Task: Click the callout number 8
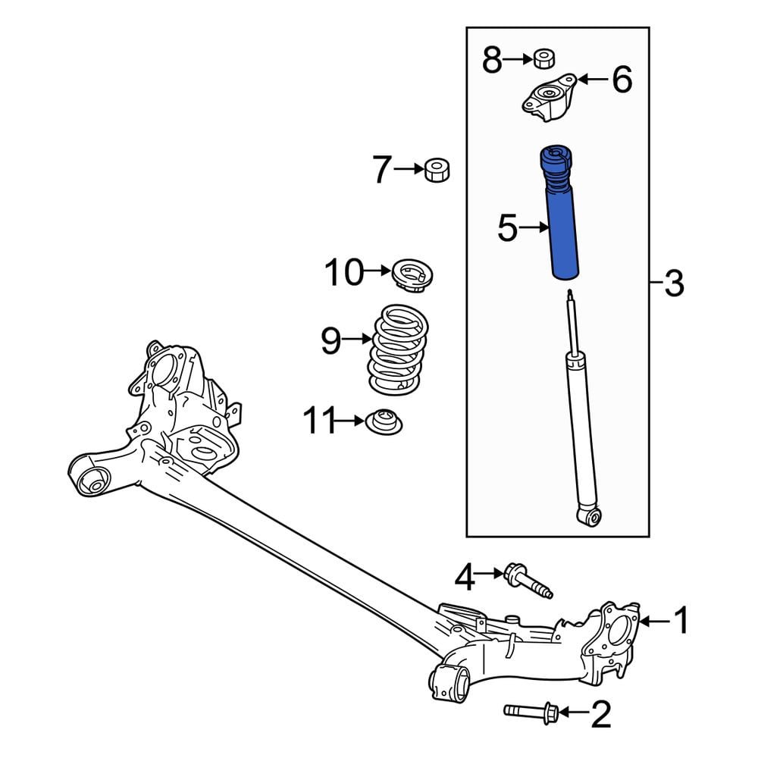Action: click(x=492, y=61)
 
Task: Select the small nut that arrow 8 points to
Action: click(x=544, y=58)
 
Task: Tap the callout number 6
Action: click(x=622, y=80)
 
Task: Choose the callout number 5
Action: click(x=508, y=228)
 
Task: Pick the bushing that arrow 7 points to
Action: click(x=437, y=170)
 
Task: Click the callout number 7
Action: click(x=382, y=170)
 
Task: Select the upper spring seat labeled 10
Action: click(x=412, y=274)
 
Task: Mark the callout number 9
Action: click(x=331, y=341)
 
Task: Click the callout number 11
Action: click(x=319, y=421)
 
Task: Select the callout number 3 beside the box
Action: click(x=675, y=283)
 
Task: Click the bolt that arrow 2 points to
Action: click(x=532, y=711)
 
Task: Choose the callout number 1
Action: click(x=681, y=620)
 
